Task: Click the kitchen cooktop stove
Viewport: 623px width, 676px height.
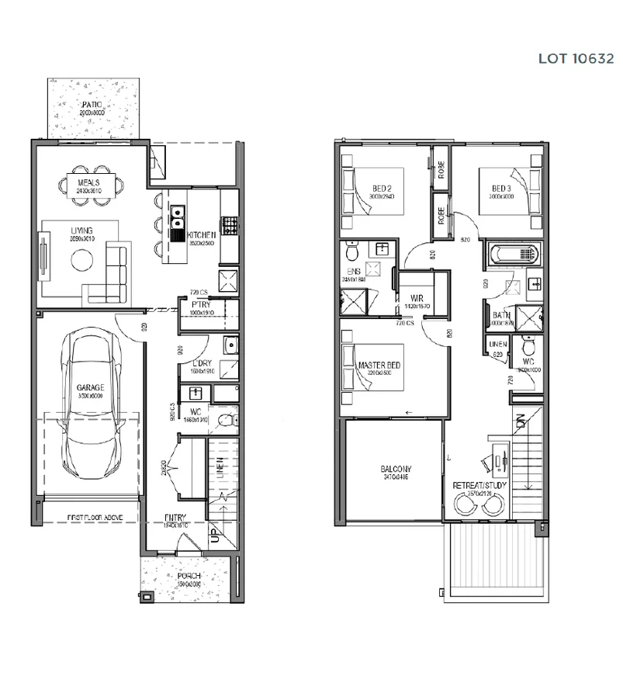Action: click(x=229, y=225)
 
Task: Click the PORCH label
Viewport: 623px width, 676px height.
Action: click(x=188, y=576)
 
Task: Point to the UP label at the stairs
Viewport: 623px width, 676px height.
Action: click(x=214, y=536)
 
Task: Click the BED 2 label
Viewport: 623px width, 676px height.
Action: click(x=382, y=189)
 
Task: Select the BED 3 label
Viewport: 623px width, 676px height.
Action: click(x=501, y=189)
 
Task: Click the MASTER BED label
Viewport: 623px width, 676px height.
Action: click(x=379, y=364)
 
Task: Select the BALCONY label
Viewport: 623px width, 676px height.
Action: click(x=395, y=469)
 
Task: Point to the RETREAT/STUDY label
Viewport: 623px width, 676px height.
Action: click(x=479, y=485)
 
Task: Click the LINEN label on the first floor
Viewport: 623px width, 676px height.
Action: click(x=497, y=344)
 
